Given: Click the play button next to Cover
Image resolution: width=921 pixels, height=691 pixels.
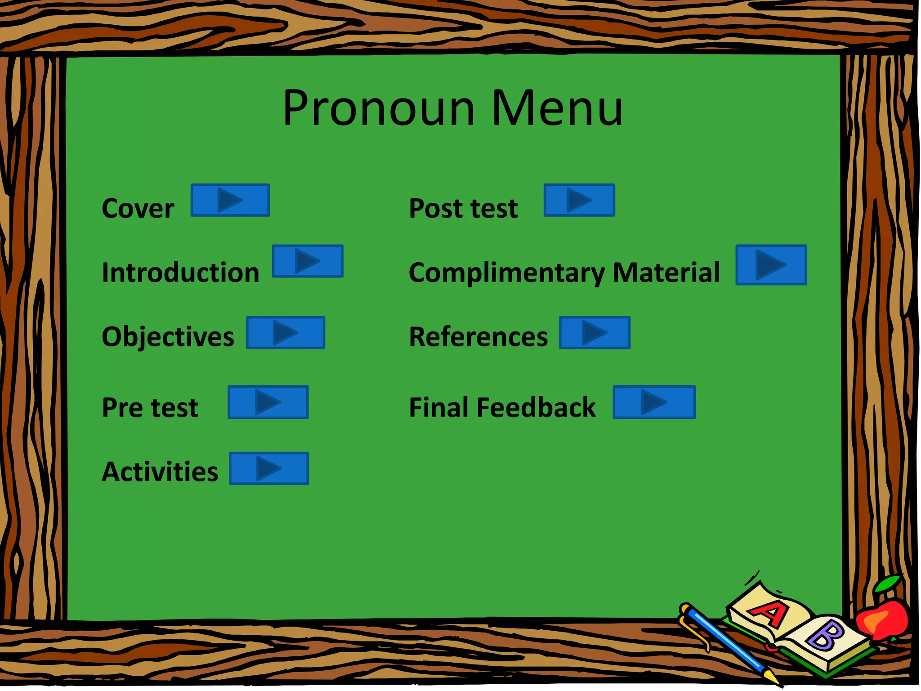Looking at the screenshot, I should [x=230, y=200].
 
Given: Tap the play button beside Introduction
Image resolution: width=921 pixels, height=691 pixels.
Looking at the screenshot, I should [x=308, y=261].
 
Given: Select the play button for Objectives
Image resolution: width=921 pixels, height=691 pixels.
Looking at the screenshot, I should [x=286, y=332].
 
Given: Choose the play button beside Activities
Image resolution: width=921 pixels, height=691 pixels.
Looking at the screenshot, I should [x=269, y=468].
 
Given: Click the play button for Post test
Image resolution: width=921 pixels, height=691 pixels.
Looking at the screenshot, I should [x=579, y=200].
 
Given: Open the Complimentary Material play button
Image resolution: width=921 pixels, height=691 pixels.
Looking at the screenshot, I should [x=771, y=265].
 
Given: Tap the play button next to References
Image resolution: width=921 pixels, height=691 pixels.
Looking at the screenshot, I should [x=595, y=332].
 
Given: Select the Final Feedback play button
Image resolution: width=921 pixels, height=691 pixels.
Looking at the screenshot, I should [x=654, y=402].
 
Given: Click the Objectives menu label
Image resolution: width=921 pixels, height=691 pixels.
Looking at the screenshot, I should [x=168, y=337].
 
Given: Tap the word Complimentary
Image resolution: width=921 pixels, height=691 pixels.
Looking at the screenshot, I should [x=507, y=273].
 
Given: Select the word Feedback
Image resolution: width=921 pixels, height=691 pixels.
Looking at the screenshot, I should [x=536, y=408].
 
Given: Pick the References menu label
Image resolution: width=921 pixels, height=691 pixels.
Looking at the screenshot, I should [x=478, y=337].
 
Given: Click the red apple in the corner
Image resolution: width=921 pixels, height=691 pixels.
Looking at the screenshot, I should [x=882, y=619].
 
